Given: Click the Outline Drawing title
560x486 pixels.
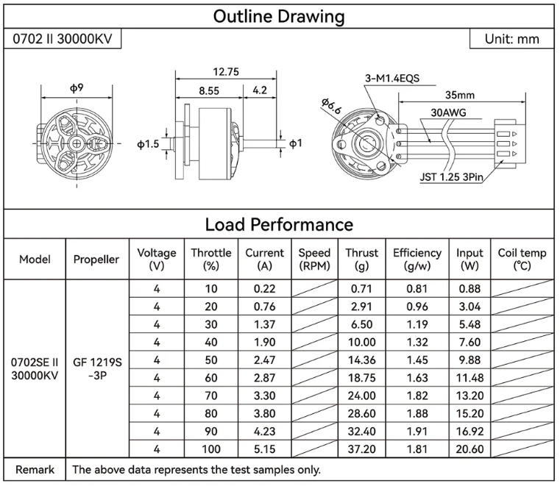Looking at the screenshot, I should click(x=279, y=16).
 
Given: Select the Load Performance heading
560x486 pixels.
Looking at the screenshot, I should click(x=279, y=224).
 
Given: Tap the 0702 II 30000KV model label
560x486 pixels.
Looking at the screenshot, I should click(x=63, y=39).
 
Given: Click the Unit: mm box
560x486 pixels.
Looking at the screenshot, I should click(x=511, y=39).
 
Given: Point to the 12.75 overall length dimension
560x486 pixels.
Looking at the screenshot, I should click(x=226, y=73).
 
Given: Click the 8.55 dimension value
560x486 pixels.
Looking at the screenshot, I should click(x=208, y=91).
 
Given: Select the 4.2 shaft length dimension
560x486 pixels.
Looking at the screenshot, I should click(x=260, y=91).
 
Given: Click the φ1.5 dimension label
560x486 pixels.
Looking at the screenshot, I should click(x=148, y=145).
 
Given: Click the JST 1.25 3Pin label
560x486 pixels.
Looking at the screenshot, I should click(x=448, y=176).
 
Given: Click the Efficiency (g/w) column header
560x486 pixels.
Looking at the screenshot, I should click(x=417, y=259).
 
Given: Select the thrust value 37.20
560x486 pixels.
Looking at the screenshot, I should click(x=361, y=449).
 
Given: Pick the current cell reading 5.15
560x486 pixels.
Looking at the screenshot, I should click(x=264, y=449).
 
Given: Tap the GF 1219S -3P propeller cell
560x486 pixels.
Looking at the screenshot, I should click(x=96, y=368).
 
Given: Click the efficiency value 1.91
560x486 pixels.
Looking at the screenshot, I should click(x=417, y=431).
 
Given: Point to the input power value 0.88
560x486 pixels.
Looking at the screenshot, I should click(x=469, y=289).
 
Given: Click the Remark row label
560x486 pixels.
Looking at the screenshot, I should click(x=35, y=469).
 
